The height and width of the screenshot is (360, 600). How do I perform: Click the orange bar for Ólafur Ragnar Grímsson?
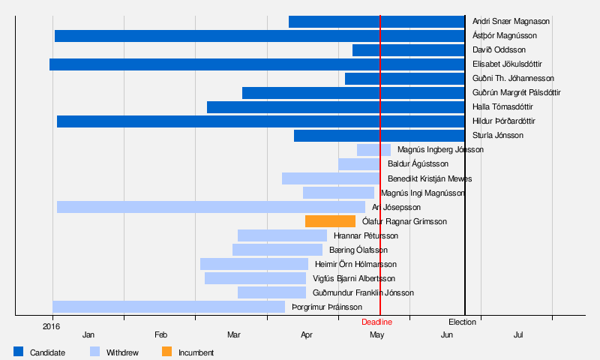(330, 221)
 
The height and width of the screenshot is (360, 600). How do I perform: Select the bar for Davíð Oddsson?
(409, 50)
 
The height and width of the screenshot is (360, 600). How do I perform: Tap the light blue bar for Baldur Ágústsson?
(358, 164)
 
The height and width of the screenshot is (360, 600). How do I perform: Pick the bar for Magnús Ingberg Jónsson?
(373, 150)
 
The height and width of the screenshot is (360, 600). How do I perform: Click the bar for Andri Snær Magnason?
(376, 22)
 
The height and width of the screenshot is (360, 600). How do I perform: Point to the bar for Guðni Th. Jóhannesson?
(405, 79)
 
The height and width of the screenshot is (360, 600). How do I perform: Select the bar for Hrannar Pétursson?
(282, 235)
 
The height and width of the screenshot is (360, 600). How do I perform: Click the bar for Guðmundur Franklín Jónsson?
(271, 292)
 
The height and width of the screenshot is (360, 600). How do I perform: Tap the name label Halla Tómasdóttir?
(502, 107)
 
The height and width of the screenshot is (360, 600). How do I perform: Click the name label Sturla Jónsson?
(498, 136)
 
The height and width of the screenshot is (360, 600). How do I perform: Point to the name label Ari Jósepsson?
(396, 207)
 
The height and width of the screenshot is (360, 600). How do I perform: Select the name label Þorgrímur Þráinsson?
(327, 307)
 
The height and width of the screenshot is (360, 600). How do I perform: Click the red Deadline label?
(376, 322)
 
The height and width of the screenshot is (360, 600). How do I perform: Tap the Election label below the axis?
(462, 322)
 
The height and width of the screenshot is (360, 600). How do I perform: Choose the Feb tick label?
(160, 334)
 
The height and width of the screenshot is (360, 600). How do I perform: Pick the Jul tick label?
(518, 334)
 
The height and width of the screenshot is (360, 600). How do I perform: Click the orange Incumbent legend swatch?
(166, 352)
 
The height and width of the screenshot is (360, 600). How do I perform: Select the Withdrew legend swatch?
(94, 352)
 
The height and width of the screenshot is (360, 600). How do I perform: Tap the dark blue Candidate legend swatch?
(19, 352)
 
